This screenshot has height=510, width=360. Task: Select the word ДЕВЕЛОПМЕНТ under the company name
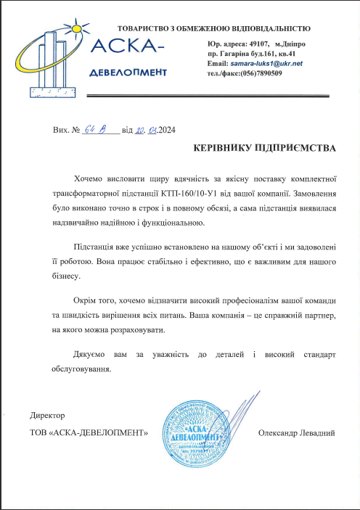click(128, 73)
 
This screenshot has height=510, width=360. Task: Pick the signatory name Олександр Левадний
click(296, 433)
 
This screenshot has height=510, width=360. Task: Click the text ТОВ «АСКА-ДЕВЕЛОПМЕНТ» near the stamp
click(88, 433)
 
